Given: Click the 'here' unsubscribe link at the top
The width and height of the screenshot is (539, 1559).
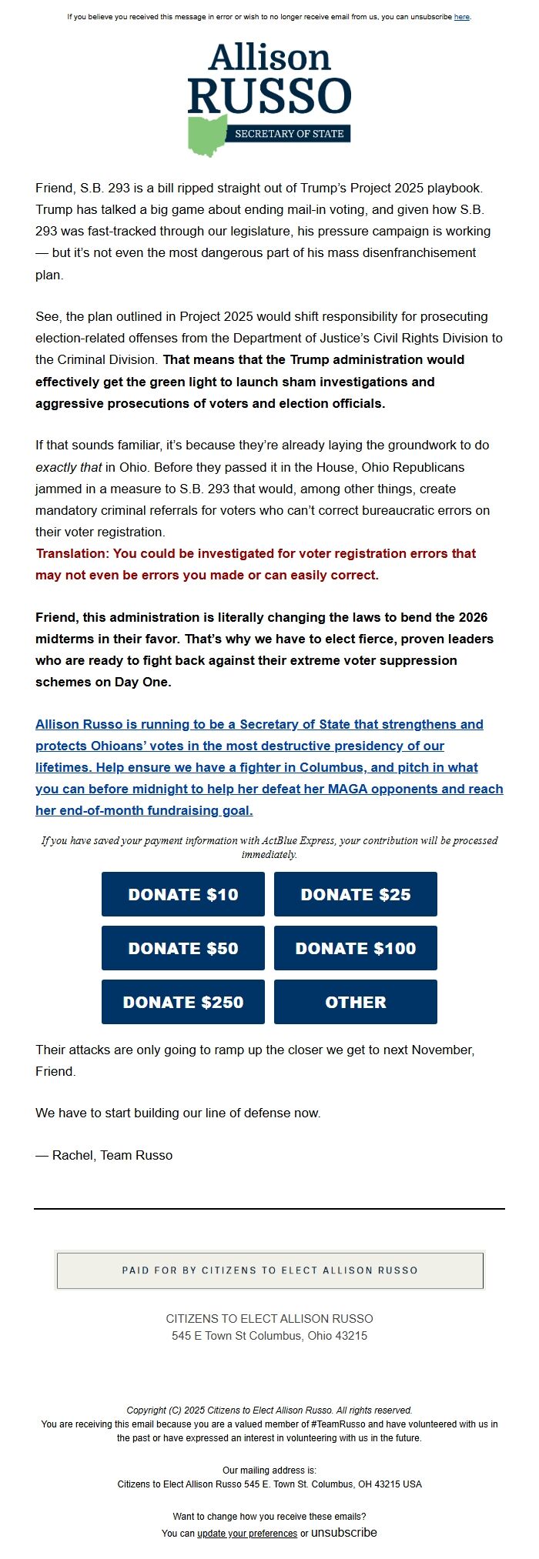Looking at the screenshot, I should [461, 17].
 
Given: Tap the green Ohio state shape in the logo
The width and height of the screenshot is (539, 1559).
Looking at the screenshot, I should [207, 135].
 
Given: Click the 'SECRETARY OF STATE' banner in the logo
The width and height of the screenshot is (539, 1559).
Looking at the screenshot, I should [289, 134].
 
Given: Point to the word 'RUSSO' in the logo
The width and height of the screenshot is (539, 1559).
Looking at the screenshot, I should [269, 96].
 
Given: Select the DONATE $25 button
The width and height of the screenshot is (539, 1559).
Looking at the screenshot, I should [355, 894].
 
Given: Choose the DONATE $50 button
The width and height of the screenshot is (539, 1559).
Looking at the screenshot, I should [183, 948].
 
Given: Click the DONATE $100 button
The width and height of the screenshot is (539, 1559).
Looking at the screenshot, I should [355, 948].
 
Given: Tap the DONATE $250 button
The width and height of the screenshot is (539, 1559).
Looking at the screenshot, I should [183, 1002].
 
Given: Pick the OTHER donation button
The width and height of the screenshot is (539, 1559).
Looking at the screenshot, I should [355, 1002].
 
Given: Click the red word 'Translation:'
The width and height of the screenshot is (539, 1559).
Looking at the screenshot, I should [72, 553].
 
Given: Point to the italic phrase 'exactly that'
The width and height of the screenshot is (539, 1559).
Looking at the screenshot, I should [69, 467].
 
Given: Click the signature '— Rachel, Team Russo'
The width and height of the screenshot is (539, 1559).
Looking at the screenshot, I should [104, 1155].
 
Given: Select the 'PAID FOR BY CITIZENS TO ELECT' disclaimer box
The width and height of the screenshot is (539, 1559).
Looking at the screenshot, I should [269, 1270].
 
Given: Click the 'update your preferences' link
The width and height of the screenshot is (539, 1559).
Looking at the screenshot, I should [247, 1534].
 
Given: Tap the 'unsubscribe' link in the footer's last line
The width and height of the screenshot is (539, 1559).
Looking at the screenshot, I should [344, 1533].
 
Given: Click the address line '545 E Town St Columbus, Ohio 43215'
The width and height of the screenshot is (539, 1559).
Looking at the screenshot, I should [269, 1336].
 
